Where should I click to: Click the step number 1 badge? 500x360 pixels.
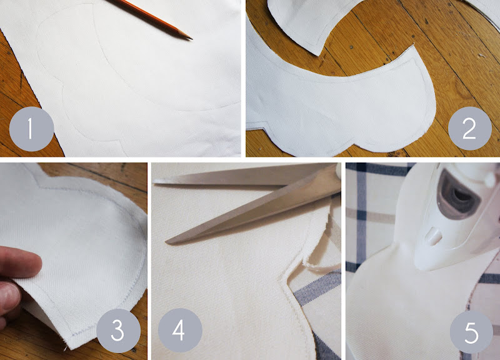pyautogui.click(x=32, y=129)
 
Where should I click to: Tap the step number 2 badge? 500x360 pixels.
pyautogui.click(x=470, y=128)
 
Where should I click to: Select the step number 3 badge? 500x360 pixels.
pyautogui.click(x=118, y=331)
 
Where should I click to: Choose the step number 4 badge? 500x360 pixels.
pyautogui.click(x=180, y=331)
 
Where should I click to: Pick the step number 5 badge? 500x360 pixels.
pyautogui.click(x=472, y=332)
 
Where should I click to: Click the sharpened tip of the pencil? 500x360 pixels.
pyautogui.click(x=191, y=39)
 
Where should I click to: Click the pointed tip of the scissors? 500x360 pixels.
pyautogui.click(x=167, y=242)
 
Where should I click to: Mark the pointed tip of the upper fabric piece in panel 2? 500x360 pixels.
pyautogui.click(x=319, y=55)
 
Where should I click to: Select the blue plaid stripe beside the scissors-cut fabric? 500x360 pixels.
pyautogui.click(x=316, y=287)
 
